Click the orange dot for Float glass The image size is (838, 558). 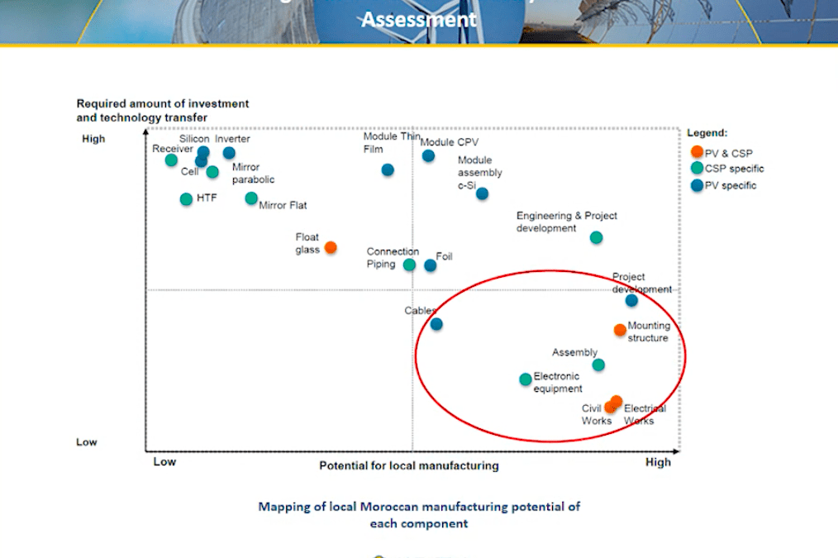tap(331, 247)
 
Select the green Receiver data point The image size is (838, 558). tap(171, 160)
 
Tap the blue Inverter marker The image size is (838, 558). tap(229, 153)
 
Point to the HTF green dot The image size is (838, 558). tap(186, 199)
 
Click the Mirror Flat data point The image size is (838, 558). tap(251, 198)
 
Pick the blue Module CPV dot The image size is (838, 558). tap(428, 155)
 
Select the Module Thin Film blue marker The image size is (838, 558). tap(388, 170)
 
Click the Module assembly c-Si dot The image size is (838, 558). tap(482, 193)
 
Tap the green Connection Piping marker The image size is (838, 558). tap(409, 265)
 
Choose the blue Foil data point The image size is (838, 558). tap(430, 265)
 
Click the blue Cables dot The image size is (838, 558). tap(436, 324)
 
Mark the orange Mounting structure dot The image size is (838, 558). tap(620, 330)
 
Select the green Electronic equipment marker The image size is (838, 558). tap(526, 379)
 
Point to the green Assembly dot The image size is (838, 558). tap(598, 365)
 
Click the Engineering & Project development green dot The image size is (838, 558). tap(596, 238)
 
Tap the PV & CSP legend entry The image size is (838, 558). tap(721, 153)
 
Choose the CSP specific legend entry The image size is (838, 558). tap(726, 169)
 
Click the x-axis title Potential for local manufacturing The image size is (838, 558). tap(409, 465)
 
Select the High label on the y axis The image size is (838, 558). tap(93, 139)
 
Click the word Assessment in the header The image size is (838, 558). tap(418, 19)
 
